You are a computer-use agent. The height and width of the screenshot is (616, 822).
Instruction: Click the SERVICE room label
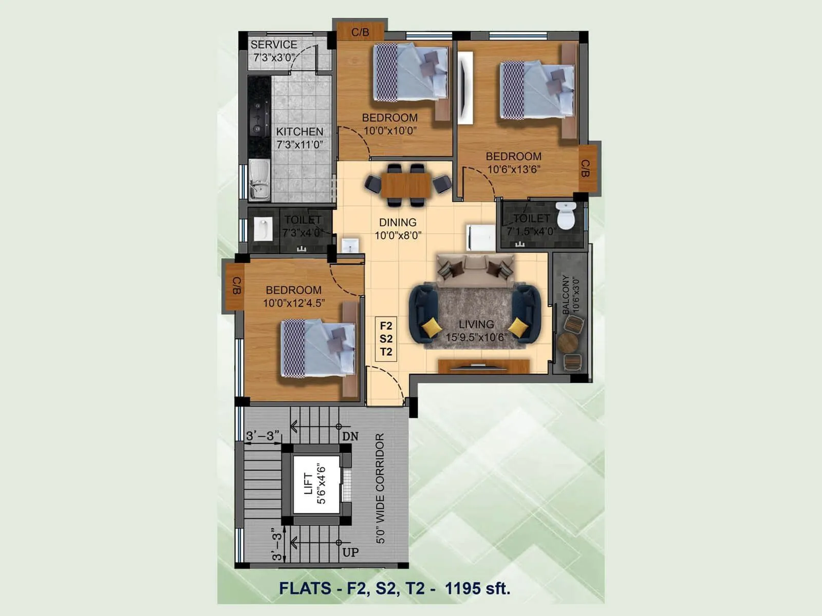click(x=274, y=45)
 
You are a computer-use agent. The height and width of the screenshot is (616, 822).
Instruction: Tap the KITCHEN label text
click(x=300, y=132)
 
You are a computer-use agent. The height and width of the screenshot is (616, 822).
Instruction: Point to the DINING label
click(x=398, y=222)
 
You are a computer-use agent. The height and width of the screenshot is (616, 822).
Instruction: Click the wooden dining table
click(x=405, y=185)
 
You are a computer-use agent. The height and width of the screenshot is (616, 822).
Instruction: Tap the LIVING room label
click(x=476, y=324)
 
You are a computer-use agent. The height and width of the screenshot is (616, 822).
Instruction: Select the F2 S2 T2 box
click(x=386, y=339)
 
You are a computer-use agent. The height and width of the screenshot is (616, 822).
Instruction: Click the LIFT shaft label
click(x=308, y=484)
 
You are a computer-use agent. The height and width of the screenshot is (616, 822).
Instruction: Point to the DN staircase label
click(x=350, y=437)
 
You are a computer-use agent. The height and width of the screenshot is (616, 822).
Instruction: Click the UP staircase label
click(x=350, y=553)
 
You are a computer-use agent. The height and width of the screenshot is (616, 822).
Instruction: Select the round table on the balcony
click(x=568, y=343)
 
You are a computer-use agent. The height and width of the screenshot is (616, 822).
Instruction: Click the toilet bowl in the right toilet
click(x=566, y=216)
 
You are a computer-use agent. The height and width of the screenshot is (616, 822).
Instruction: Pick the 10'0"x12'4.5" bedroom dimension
click(x=294, y=303)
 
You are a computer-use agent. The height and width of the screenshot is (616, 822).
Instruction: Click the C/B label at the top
click(x=360, y=32)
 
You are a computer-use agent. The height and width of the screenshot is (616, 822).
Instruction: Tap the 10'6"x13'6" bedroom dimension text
click(x=514, y=170)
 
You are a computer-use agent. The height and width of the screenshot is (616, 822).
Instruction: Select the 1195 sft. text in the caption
click(x=477, y=588)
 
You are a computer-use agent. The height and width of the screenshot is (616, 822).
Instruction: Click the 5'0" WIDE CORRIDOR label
click(x=380, y=488)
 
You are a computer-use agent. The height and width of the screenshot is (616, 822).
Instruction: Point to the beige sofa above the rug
click(x=475, y=271)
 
